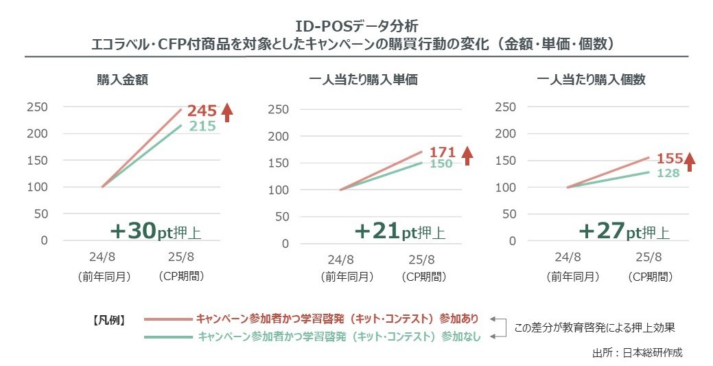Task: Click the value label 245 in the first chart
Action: click(x=202, y=110)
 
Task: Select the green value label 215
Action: click(x=202, y=126)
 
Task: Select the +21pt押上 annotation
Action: click(x=399, y=232)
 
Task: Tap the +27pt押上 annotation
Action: click(x=624, y=232)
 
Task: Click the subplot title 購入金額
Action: click(x=123, y=80)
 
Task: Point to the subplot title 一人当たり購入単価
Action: click(x=364, y=80)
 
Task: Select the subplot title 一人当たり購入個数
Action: click(x=591, y=80)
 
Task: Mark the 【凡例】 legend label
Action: click(x=109, y=319)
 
